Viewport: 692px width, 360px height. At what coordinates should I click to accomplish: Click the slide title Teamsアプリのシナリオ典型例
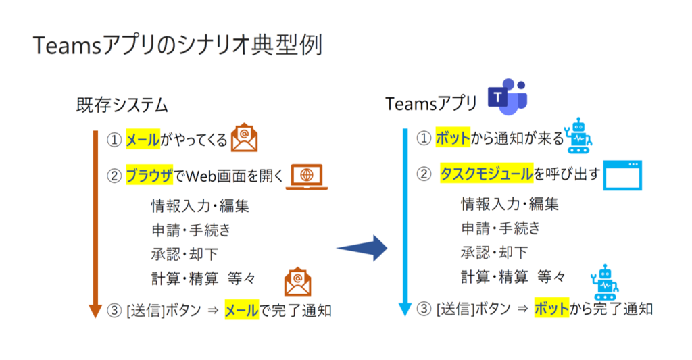point(177,45)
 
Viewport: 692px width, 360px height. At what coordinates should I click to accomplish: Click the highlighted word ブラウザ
point(149,176)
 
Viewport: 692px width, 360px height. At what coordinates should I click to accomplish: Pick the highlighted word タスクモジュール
point(486,174)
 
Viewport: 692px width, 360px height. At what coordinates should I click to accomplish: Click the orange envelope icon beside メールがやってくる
point(244,138)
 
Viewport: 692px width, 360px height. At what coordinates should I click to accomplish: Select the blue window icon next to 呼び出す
point(622,175)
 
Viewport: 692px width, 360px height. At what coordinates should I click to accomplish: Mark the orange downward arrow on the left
point(96,223)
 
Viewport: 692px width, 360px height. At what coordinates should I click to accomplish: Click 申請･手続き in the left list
point(191,230)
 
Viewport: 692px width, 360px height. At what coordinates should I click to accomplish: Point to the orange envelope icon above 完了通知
point(297,283)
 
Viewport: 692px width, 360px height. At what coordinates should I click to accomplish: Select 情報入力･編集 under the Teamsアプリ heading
point(510,203)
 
